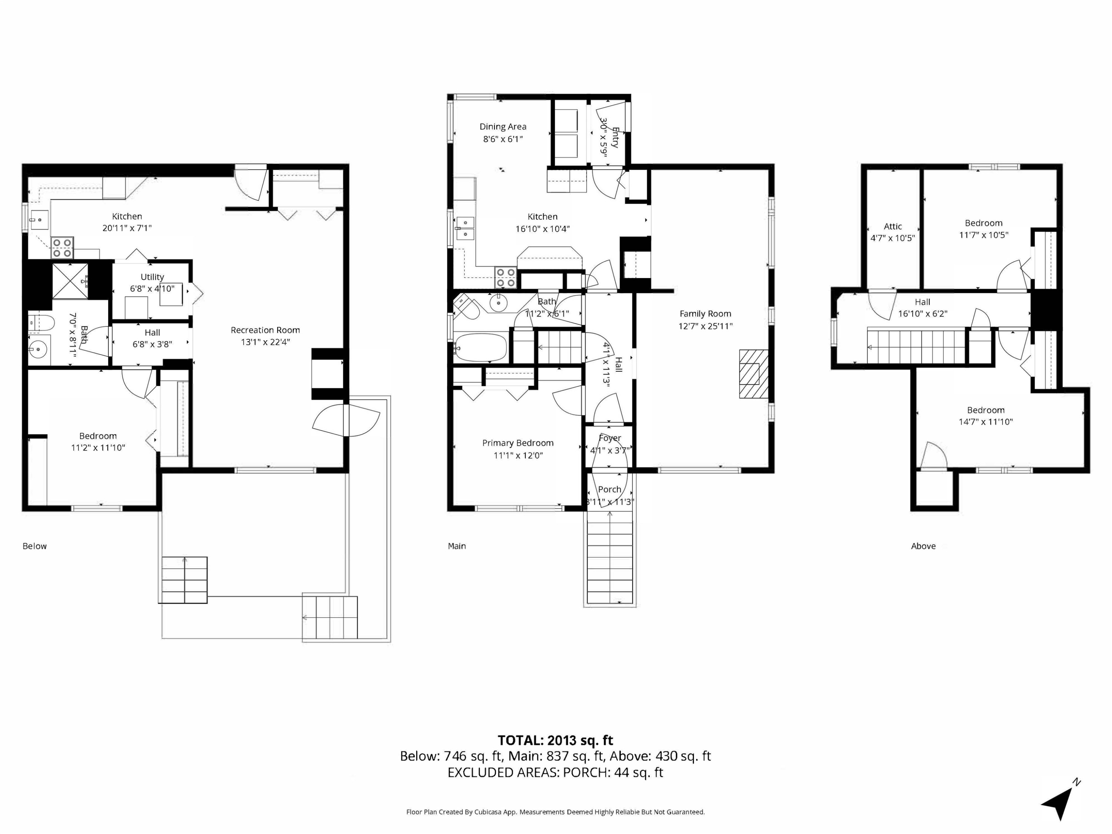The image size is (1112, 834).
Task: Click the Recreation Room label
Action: coord(265,330)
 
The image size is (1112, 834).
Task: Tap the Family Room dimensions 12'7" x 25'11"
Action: coord(705,326)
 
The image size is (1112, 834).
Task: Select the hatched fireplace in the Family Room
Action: coord(754,374)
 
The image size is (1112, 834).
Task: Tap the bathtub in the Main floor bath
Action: coord(480,347)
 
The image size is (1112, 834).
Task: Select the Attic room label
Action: coord(893,226)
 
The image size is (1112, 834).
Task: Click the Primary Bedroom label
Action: coord(518,443)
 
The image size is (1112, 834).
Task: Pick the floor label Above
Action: coord(923,546)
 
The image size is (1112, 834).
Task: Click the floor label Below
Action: coord(35,546)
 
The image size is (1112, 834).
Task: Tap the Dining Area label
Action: coord(503,127)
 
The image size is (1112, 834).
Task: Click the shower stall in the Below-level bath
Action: coord(70,281)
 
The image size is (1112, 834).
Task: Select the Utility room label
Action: coord(152,277)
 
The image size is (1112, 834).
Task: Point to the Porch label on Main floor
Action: coord(609,489)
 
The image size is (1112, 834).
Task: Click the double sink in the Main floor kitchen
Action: coord(466,228)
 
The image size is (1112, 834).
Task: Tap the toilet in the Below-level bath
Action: coord(40,323)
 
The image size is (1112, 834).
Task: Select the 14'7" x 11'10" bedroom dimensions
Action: coord(985,422)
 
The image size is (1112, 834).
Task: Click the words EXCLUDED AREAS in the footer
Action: coord(503,772)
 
